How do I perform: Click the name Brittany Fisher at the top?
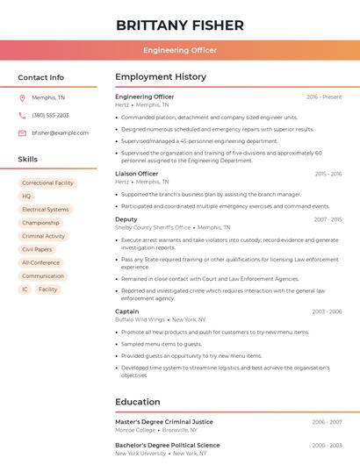pos(180,25)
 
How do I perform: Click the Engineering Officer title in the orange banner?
pos(180,50)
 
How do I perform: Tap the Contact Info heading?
pos(40,77)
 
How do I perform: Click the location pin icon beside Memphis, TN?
pos(22,97)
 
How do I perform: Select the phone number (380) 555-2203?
pos(50,115)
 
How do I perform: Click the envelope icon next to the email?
pos(22,132)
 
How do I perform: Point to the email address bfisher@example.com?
pos(60,132)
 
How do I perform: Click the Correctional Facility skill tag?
pos(47,183)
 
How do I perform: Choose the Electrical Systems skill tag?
pos(45,210)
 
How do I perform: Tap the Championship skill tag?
pos(40,223)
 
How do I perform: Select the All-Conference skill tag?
pos(40,262)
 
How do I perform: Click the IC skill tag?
pos(25,289)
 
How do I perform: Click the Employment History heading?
pos(161,77)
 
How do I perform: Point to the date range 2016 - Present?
pos(324,97)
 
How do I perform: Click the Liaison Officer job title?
pos(137,174)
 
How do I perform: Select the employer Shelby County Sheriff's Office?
pos(154,227)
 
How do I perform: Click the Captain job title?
pos(126,311)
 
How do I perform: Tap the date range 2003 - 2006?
pos(327,311)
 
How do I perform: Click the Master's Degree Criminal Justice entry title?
pos(164,422)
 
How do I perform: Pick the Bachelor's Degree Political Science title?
pos(167,445)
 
